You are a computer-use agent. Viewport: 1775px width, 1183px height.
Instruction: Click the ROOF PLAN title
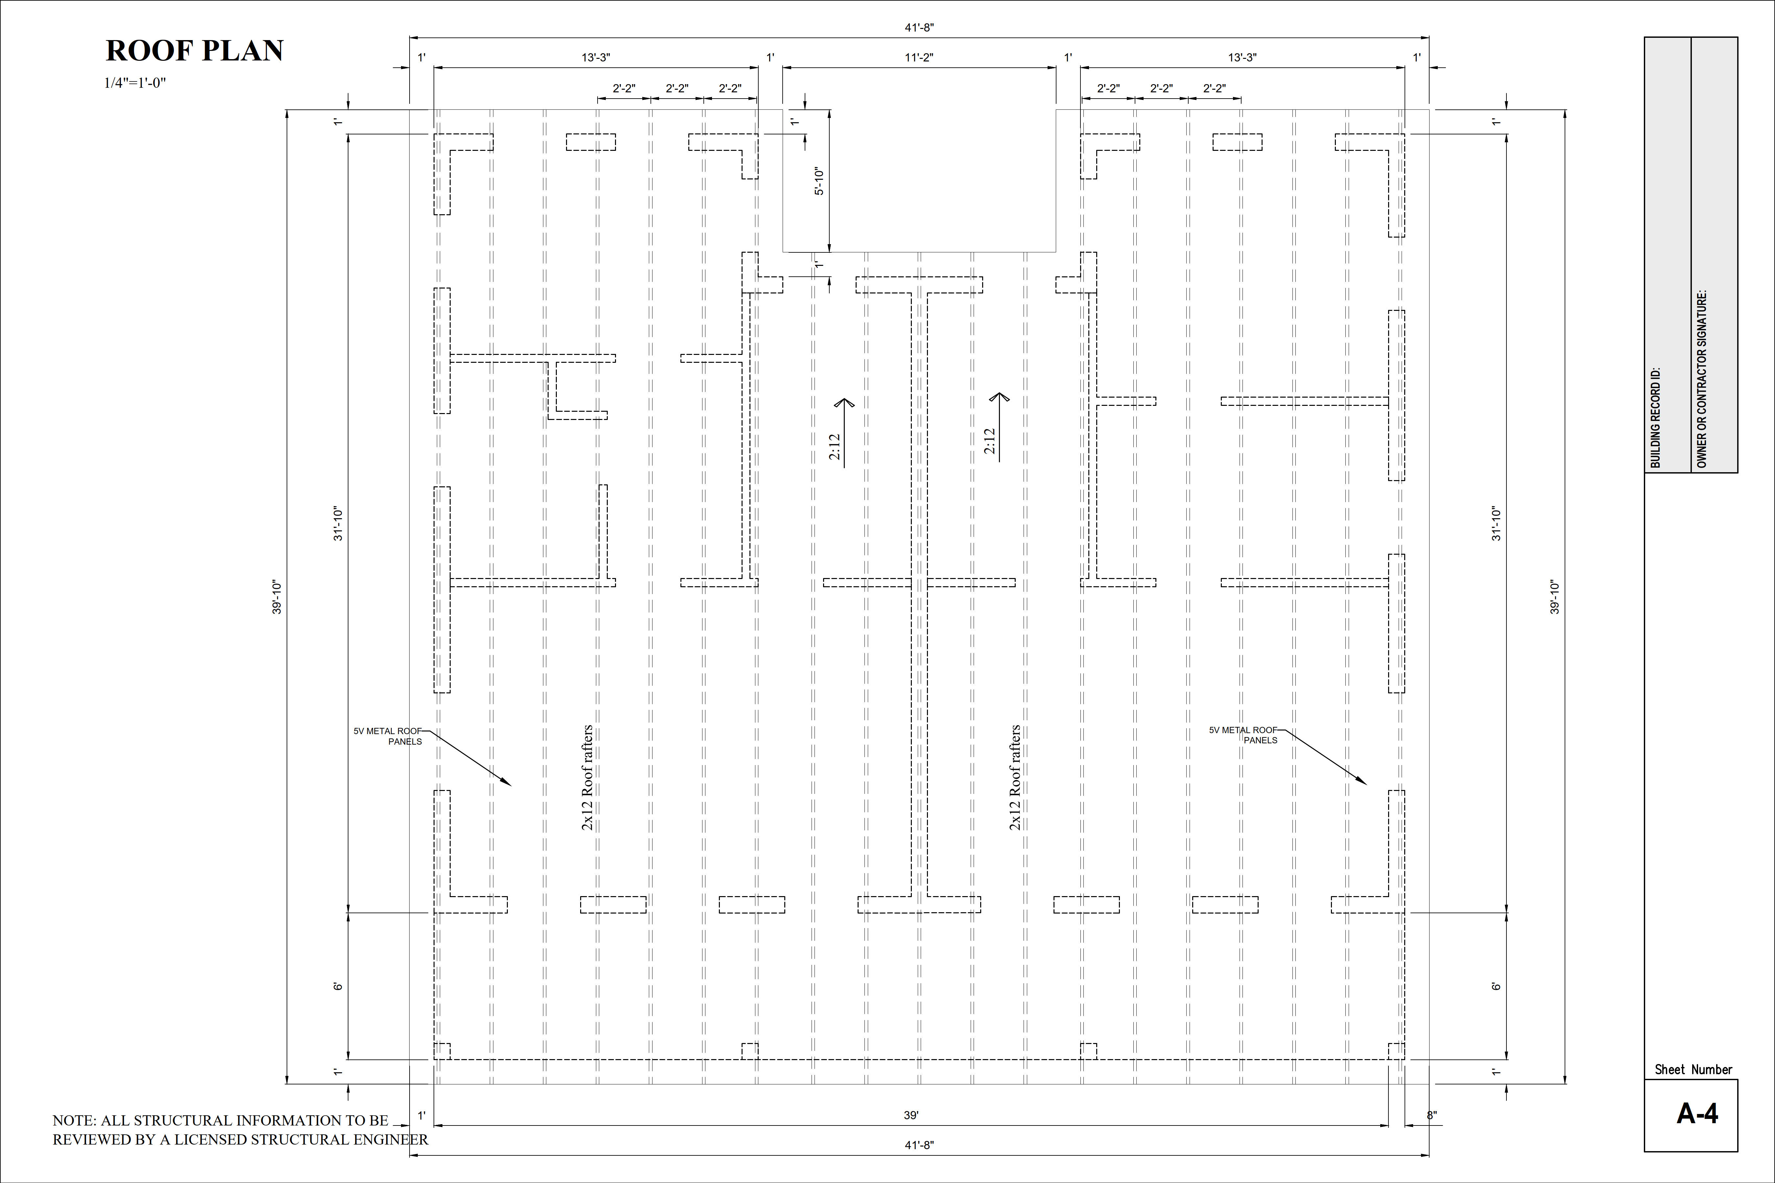coord(194,51)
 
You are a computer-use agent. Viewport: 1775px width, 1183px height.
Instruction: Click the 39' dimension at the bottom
coord(911,1115)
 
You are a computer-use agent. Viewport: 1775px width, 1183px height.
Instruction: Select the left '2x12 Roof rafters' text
coord(587,778)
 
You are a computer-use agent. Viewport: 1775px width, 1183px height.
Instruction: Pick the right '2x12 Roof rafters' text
coord(1015,778)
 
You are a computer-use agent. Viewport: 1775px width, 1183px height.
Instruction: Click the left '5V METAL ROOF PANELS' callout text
coord(388,736)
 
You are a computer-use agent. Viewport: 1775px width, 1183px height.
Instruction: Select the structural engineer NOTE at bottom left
coord(239,1129)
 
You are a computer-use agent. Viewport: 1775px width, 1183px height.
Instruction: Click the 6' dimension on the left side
coord(338,986)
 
